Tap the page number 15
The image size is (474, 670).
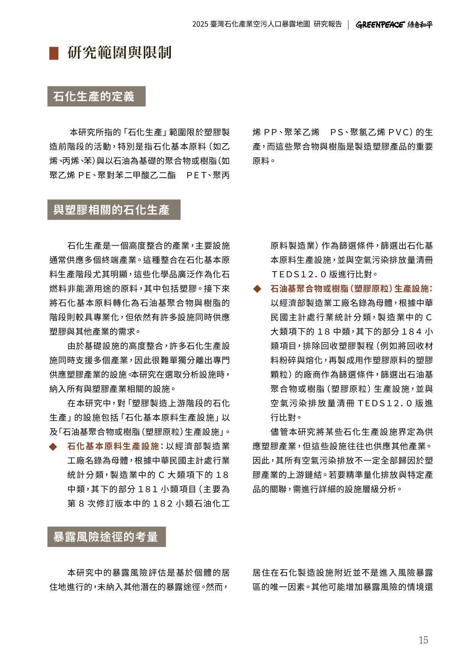(x=423, y=640)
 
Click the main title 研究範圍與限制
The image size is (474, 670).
(x=120, y=53)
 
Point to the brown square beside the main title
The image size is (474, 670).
(x=54, y=53)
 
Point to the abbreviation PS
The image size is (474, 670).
(x=337, y=133)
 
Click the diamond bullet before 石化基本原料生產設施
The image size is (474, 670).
(x=53, y=447)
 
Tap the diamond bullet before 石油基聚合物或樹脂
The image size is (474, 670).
(x=257, y=289)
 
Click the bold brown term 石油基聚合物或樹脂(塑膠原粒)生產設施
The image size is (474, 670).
(x=351, y=289)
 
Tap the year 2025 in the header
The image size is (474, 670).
(x=200, y=24)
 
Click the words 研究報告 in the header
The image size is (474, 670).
(x=328, y=24)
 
